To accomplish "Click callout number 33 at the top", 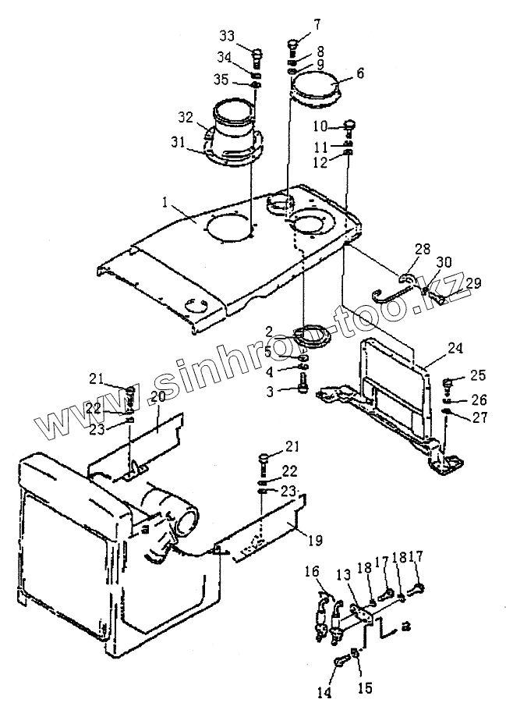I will pos(226,36).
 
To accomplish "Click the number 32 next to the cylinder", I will pos(185,118).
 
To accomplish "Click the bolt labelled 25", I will pos(450,383).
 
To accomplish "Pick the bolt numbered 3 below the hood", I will pos(303,382).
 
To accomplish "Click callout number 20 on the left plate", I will pos(158,397).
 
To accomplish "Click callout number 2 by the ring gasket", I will pos(267,331).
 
